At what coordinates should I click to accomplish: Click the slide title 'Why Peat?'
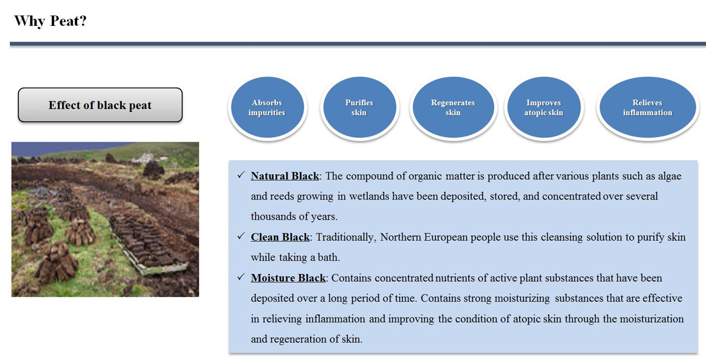(x=50, y=22)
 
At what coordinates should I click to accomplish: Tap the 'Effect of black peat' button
(x=100, y=105)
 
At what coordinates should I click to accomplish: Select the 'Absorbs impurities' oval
(x=268, y=108)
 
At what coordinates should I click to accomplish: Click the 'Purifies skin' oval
(x=360, y=108)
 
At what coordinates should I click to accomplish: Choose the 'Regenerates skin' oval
(x=453, y=108)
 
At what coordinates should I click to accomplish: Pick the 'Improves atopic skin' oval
(x=544, y=108)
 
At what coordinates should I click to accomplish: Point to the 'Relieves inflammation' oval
(x=648, y=108)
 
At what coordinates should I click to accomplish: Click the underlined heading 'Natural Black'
(x=285, y=176)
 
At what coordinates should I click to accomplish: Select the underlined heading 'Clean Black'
(x=280, y=237)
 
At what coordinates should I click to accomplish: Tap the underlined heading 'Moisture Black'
(x=288, y=278)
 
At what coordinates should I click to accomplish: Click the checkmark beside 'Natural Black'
(x=241, y=175)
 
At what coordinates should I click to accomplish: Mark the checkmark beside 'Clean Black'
(x=241, y=236)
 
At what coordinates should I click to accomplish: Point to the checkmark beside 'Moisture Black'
(x=241, y=277)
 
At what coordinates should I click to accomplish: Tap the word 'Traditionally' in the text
(x=346, y=238)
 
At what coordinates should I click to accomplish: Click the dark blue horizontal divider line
(x=358, y=44)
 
